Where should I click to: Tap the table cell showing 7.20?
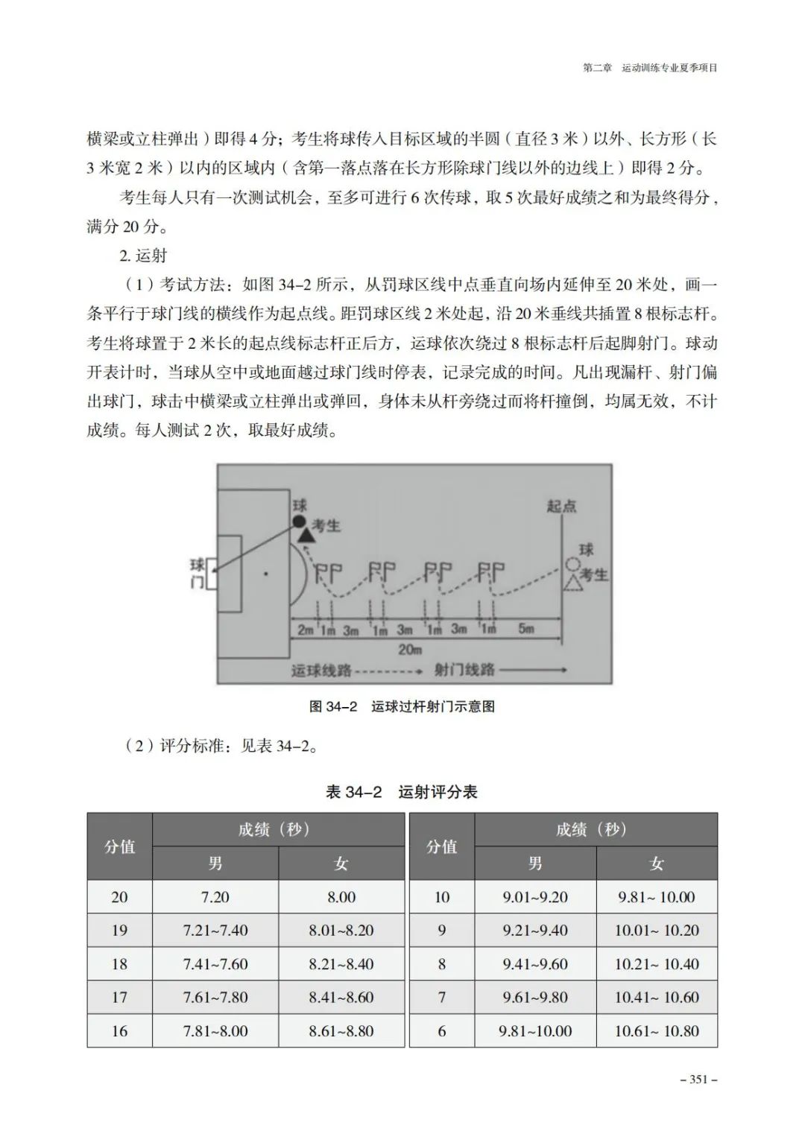click(x=215, y=897)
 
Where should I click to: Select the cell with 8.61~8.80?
click(x=341, y=1031)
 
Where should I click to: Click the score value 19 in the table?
click(x=119, y=931)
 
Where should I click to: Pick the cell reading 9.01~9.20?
click(x=534, y=897)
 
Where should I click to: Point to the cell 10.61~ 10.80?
click(x=657, y=1031)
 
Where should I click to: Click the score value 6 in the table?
click(x=441, y=1031)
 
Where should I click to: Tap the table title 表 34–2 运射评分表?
click(x=401, y=792)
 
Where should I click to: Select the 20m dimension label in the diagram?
click(x=410, y=649)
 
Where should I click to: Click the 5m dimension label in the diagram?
click(x=526, y=629)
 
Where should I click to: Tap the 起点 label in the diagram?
click(x=561, y=507)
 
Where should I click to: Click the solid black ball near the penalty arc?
click(x=299, y=522)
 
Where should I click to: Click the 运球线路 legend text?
click(x=321, y=671)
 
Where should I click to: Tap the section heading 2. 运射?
click(x=143, y=256)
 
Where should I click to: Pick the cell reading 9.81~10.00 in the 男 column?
click(x=534, y=1031)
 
